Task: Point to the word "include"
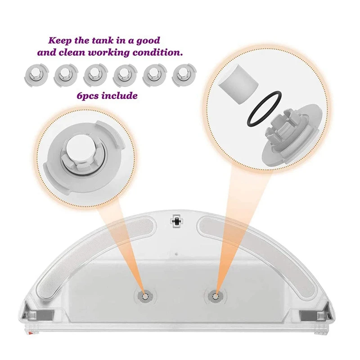coord(120,96)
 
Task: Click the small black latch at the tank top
coord(176,220)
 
